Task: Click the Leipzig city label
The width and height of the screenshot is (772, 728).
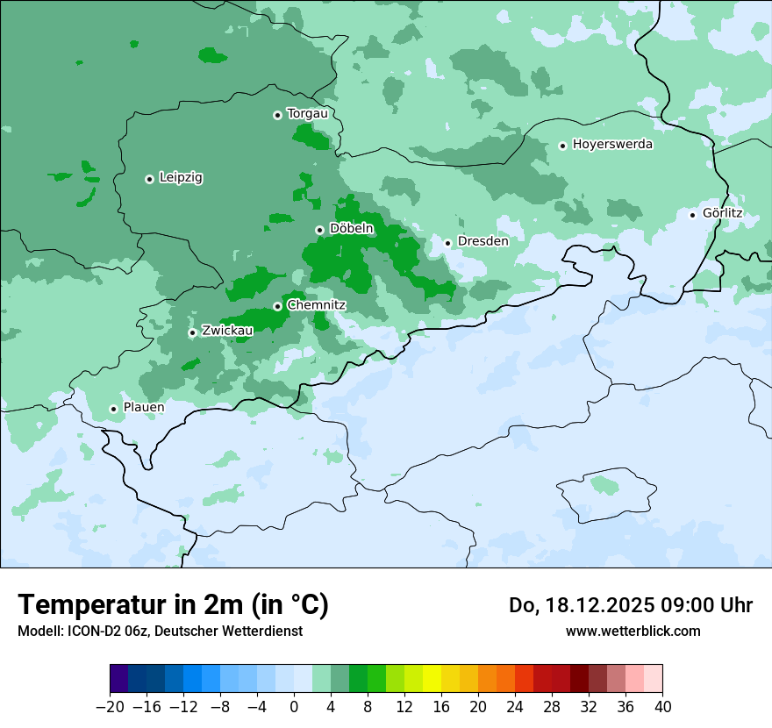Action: tap(181, 178)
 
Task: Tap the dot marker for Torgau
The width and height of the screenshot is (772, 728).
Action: tap(277, 115)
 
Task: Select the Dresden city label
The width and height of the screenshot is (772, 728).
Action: tap(482, 241)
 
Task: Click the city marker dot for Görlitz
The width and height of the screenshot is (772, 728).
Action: tap(692, 215)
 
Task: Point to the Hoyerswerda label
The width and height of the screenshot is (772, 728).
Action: tap(612, 145)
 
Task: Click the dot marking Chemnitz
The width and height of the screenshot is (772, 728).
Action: tap(277, 306)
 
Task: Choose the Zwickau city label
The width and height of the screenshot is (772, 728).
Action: tap(227, 331)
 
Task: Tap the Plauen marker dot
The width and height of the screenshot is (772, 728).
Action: tap(113, 409)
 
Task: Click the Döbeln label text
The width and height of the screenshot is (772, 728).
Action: tap(351, 229)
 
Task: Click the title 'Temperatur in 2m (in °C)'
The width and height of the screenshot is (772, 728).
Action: tap(173, 605)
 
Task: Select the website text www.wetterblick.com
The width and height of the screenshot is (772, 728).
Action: tap(633, 631)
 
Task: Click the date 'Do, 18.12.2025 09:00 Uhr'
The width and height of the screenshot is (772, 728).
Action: tap(630, 605)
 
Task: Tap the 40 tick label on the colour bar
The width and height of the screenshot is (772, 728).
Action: tap(662, 706)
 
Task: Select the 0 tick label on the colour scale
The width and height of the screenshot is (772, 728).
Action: tap(294, 706)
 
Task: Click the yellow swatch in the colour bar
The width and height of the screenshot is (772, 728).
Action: tap(432, 679)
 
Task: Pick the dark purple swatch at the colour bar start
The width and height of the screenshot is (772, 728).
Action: tap(119, 679)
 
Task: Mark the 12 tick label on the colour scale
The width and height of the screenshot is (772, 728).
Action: tap(404, 706)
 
